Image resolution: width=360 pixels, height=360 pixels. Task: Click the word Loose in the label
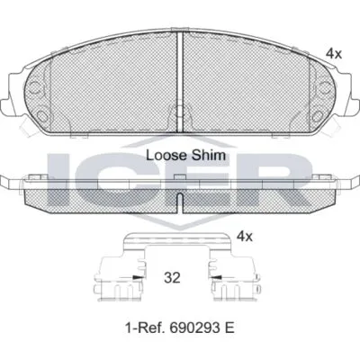click(166, 156)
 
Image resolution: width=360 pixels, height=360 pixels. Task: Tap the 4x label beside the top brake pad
click(334, 54)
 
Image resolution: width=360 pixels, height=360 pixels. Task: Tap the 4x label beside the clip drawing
click(245, 237)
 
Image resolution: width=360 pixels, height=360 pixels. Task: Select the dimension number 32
click(172, 278)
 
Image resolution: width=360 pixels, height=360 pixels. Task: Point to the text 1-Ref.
click(145, 328)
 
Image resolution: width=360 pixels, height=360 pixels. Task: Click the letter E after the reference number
click(229, 328)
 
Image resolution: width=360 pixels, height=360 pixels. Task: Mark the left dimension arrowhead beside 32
click(138, 277)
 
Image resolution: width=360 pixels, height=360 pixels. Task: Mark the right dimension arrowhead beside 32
click(217, 277)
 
